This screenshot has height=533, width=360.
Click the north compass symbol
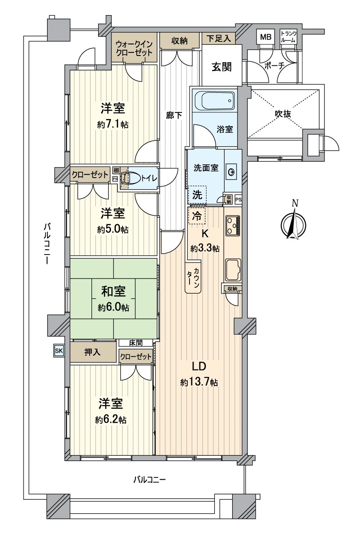[x=293, y=224]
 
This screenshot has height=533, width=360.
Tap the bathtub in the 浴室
[x=214, y=100]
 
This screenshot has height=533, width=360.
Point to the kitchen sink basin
[x=233, y=269]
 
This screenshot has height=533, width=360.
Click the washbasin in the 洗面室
[x=232, y=172]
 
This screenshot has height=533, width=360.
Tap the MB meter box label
[x=265, y=37]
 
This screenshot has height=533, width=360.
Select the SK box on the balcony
[x=59, y=350]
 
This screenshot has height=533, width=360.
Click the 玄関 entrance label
[x=222, y=67]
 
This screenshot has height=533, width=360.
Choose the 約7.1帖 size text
[x=113, y=124]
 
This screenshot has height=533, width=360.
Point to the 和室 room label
[x=113, y=291]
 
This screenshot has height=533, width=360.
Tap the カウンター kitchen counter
[x=193, y=276]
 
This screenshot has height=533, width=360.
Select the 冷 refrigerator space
[x=197, y=216]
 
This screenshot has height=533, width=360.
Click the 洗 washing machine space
[x=197, y=195]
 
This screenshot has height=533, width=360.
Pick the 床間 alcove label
[x=136, y=342]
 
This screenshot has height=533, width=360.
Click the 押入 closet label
[x=92, y=352]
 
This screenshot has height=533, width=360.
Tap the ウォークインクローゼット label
[x=134, y=48]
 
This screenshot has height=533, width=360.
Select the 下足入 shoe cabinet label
[x=218, y=39]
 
